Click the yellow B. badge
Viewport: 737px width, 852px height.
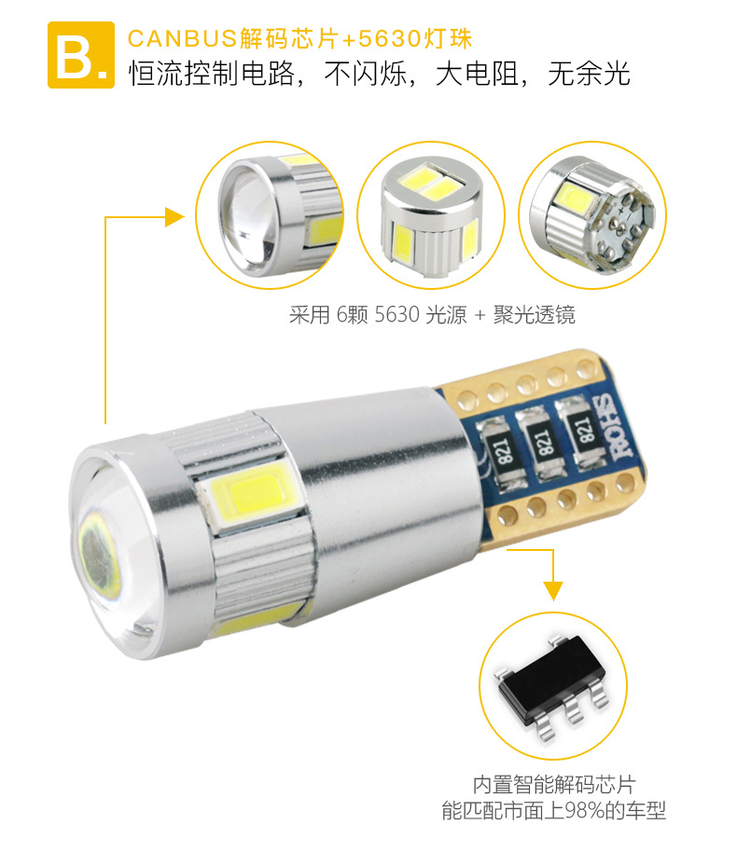81,55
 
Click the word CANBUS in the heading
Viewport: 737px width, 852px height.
182,38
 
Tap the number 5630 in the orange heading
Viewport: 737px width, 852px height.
389,38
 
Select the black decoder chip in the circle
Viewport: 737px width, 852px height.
552,687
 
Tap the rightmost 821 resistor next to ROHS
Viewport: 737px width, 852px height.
581,432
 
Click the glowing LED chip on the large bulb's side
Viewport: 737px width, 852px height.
253,497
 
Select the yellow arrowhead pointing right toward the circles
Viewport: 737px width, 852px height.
174,217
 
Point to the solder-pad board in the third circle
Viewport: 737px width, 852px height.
620,228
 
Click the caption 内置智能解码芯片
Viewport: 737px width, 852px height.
554,785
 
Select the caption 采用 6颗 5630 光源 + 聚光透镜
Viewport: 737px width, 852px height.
432,315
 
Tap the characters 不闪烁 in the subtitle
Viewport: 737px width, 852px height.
366,74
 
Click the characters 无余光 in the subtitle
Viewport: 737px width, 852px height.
589,74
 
